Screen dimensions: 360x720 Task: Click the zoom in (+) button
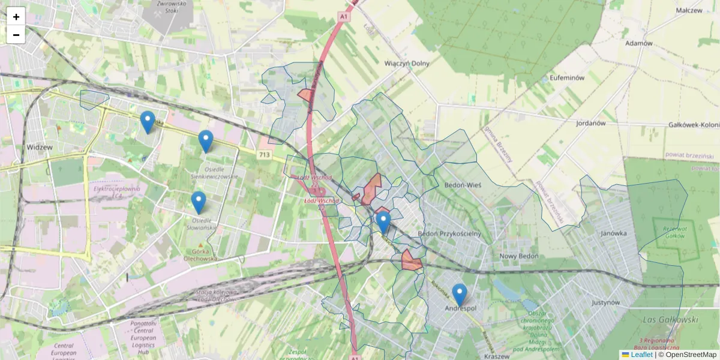pyautogui.click(x=16, y=17)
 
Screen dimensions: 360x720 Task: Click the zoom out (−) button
pyautogui.click(x=16, y=35)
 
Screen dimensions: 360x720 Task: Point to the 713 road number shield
pyautogui.click(x=264, y=155)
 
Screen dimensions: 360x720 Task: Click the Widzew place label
pyautogui.click(x=40, y=147)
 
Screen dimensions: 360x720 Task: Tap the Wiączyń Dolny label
pyautogui.click(x=407, y=63)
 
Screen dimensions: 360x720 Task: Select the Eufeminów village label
pyautogui.click(x=566, y=79)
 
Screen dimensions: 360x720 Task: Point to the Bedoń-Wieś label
pyautogui.click(x=460, y=186)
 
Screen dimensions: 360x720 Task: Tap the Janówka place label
pyautogui.click(x=613, y=233)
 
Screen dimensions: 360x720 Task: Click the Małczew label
pyautogui.click(x=689, y=11)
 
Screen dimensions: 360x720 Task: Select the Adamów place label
pyautogui.click(x=638, y=43)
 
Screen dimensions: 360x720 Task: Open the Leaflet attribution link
pyautogui.click(x=641, y=355)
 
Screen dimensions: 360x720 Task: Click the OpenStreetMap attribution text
pyautogui.click(x=690, y=355)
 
